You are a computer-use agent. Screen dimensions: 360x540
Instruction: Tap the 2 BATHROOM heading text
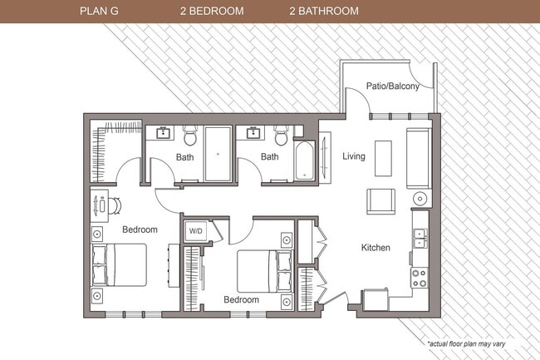click(x=324, y=12)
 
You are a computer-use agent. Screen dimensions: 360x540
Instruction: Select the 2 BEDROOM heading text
click(x=211, y=12)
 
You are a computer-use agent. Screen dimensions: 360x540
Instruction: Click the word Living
click(x=355, y=155)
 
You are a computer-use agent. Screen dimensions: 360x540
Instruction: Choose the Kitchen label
click(x=376, y=247)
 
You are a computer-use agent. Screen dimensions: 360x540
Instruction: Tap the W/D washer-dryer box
click(x=196, y=231)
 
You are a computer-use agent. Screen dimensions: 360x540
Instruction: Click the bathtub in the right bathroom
click(x=303, y=160)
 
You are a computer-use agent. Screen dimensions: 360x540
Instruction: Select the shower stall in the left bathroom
click(x=218, y=154)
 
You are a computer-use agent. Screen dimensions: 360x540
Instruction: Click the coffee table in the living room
click(x=383, y=157)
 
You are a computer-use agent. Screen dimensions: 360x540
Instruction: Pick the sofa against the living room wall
click(x=417, y=158)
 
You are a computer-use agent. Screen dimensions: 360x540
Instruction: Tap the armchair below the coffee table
click(x=381, y=200)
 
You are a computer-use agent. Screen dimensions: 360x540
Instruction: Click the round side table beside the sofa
click(x=420, y=199)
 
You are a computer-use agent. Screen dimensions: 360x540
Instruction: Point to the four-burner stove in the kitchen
click(x=419, y=277)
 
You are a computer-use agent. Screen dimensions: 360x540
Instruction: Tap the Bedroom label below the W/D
click(x=241, y=299)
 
